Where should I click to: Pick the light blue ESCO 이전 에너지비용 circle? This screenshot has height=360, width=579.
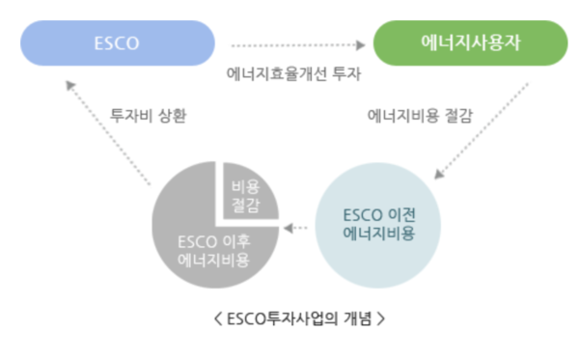click(380, 224)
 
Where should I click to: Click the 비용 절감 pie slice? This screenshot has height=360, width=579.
click(246, 190)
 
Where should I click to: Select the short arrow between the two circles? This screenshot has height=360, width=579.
click(299, 228)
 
